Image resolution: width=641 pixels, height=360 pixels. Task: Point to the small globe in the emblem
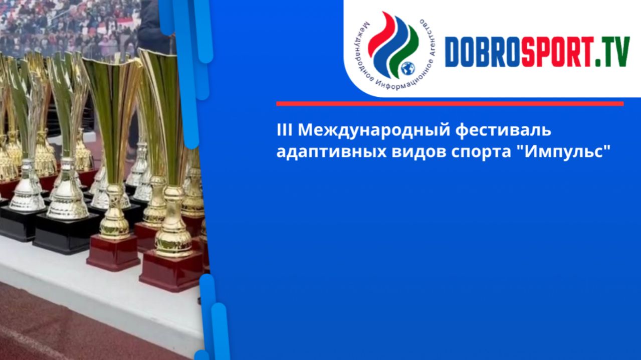408,67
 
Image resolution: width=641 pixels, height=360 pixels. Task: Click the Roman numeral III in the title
284,130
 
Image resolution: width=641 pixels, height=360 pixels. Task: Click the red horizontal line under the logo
450,104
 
